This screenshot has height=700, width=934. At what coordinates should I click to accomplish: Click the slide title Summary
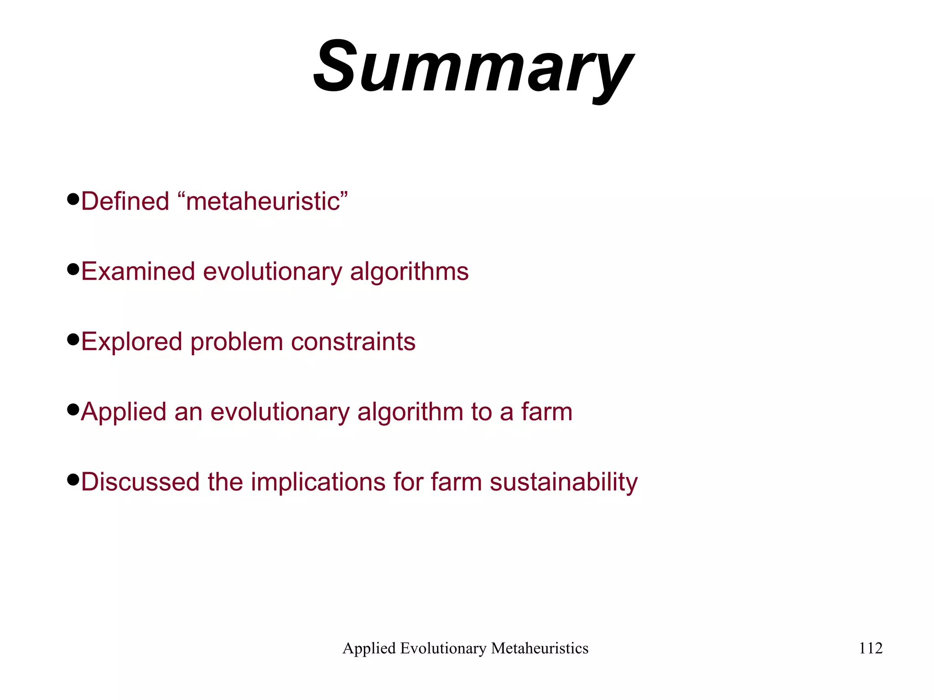[473, 68]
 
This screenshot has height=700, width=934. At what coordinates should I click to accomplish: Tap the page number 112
[871, 648]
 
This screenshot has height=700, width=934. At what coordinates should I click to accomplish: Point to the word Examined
[138, 271]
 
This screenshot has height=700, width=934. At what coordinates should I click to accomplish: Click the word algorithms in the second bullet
[409, 271]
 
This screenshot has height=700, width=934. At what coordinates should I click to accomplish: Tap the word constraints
[353, 342]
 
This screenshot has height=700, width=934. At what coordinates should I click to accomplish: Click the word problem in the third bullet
[237, 342]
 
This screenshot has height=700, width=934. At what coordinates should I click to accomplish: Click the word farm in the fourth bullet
[546, 412]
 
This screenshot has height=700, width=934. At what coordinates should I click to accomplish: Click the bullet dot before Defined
[73, 199]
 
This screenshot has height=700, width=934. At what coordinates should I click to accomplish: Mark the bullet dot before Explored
[73, 340]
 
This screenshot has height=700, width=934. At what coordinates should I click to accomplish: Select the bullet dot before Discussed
[73, 480]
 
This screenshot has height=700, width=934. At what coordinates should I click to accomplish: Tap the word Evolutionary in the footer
[443, 648]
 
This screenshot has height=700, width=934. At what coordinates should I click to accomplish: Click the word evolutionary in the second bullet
[272, 271]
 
